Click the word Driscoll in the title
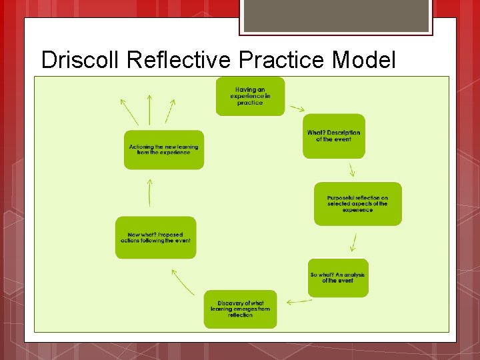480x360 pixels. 81,60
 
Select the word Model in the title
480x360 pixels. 363,60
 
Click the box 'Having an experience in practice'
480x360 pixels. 250,96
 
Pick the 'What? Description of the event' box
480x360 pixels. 334,136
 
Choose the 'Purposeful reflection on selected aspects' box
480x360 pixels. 358,203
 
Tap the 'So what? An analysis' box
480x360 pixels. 338,277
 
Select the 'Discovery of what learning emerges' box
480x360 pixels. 240,309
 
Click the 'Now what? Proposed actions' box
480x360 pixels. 155,237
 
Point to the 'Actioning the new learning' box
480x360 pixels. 163,150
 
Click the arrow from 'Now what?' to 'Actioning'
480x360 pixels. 150,193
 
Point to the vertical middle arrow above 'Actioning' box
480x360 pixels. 149,109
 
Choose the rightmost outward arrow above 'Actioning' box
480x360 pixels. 171,111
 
